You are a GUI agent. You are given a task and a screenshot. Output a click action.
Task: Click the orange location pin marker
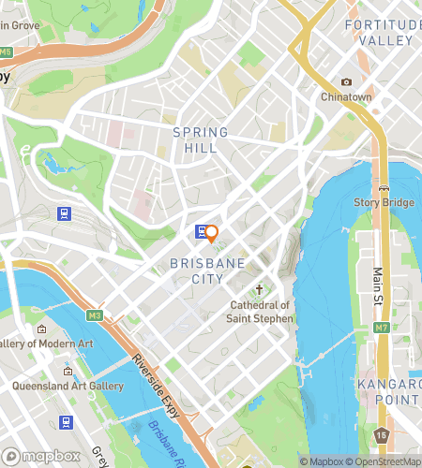pyautogui.click(x=212, y=233)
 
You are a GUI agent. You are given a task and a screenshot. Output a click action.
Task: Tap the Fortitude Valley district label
pyautogui.click(x=379, y=32)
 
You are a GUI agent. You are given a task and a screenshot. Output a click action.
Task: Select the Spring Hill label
pyautogui.click(x=195, y=140)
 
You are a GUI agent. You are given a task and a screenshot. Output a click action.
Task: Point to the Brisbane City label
pyautogui.click(x=197, y=271)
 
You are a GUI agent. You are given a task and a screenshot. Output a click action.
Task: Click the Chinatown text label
pyautogui.click(x=347, y=97)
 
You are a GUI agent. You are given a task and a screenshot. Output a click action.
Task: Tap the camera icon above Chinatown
pyautogui.click(x=347, y=82)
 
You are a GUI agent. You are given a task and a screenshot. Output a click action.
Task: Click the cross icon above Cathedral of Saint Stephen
pyautogui.click(x=260, y=290)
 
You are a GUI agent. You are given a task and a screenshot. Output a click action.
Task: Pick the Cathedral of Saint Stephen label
pyautogui.click(x=261, y=312)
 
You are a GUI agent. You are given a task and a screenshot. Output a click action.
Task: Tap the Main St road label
pyautogui.click(x=379, y=281)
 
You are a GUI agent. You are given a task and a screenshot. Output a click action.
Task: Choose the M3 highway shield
pyautogui.click(x=94, y=315)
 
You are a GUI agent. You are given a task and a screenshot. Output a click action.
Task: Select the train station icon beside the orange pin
pyautogui.click(x=200, y=231)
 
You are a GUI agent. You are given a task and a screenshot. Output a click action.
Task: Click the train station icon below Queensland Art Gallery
pyautogui.click(x=65, y=421)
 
